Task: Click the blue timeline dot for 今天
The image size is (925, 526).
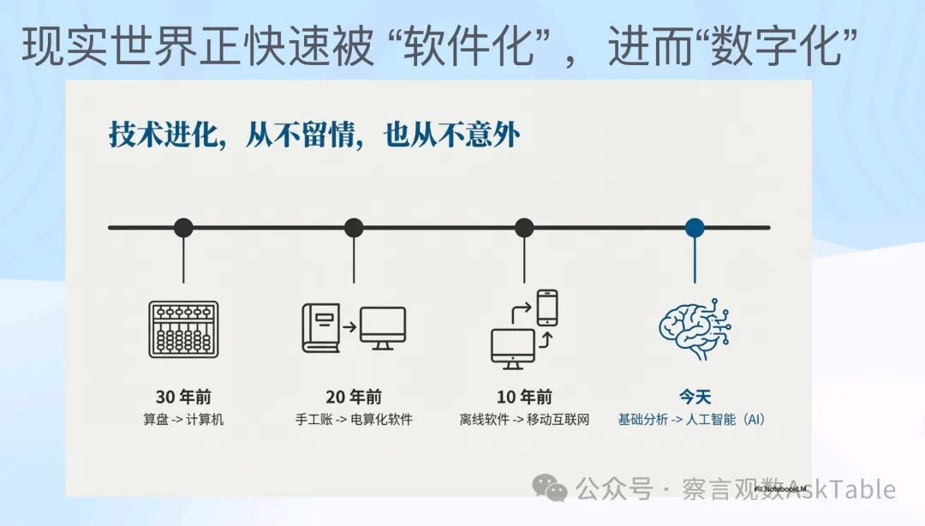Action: click(695, 228)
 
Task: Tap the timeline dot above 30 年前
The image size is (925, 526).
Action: click(183, 228)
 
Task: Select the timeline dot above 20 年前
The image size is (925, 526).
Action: click(354, 228)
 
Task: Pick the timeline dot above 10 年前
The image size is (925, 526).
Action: click(524, 228)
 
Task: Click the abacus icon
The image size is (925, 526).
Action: click(183, 329)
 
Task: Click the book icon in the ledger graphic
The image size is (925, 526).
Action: click(320, 328)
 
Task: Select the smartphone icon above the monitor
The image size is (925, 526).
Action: click(547, 307)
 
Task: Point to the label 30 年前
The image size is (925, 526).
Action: click(183, 397)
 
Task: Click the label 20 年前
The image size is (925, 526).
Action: click(354, 397)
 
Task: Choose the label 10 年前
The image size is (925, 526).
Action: click(524, 397)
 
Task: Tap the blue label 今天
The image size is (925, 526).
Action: click(695, 397)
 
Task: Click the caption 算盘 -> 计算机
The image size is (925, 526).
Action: click(183, 421)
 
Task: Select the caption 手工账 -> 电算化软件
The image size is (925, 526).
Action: click(354, 421)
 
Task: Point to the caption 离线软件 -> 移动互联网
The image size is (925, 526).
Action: click(524, 421)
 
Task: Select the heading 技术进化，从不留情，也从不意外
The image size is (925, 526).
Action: click(314, 134)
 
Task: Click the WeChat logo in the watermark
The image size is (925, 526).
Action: click(549, 488)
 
